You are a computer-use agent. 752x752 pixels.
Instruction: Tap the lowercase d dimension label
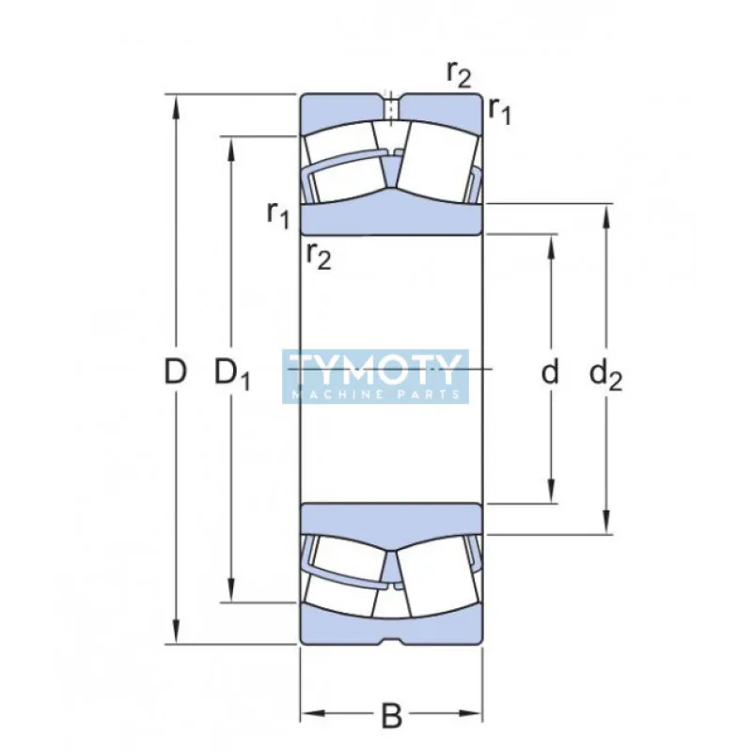point(550,372)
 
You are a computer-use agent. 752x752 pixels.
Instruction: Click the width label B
point(392,717)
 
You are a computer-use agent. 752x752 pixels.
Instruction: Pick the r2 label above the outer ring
point(459,71)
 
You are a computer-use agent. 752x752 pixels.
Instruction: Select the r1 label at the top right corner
point(499,110)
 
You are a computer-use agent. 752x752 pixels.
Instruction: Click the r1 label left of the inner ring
point(277,214)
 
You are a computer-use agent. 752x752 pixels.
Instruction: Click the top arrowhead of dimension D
point(175,103)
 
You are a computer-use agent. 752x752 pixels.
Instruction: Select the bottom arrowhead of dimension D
point(175,635)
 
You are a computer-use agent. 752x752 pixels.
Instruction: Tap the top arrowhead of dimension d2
point(606,213)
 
